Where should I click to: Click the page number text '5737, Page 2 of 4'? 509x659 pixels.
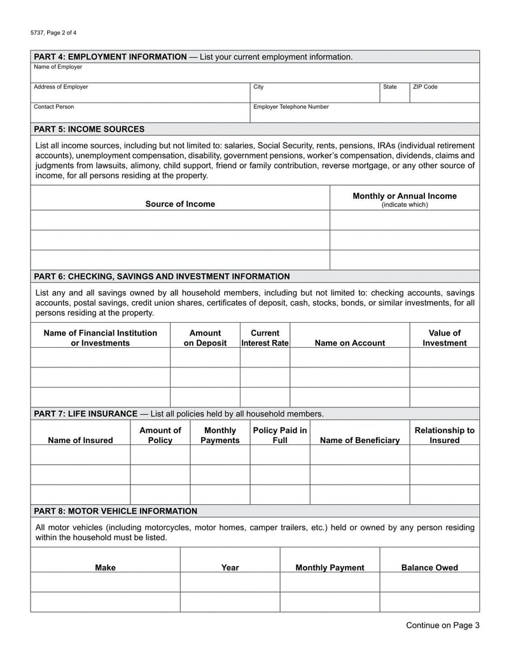coord(54,32)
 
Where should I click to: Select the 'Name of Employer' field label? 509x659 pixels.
coord(58,67)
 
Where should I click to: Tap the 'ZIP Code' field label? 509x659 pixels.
coord(425,87)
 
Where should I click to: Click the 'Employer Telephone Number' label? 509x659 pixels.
coord(291,107)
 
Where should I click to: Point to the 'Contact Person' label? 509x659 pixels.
coord(53,107)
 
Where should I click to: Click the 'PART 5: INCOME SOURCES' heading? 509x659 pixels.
coord(89,129)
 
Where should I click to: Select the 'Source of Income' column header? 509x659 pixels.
coord(180,204)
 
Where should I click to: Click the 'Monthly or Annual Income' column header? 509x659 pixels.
coord(405,196)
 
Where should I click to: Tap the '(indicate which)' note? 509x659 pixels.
coord(405,205)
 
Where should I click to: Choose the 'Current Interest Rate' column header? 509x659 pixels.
coord(265,338)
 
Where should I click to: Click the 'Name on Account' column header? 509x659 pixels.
coord(349,343)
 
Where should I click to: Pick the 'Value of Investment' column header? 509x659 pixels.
coord(444,338)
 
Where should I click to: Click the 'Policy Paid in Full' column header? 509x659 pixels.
coord(280,436)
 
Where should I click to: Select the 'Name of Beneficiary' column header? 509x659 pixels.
coord(359,441)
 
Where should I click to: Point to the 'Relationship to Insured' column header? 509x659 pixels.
coord(444,436)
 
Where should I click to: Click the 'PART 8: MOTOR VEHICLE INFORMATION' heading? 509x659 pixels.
coord(115,511)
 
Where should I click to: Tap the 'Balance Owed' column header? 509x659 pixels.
coord(429,568)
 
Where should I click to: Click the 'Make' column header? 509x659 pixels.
coord(105,568)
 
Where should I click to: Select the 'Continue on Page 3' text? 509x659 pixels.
coord(443,625)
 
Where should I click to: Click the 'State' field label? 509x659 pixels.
coord(389,87)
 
